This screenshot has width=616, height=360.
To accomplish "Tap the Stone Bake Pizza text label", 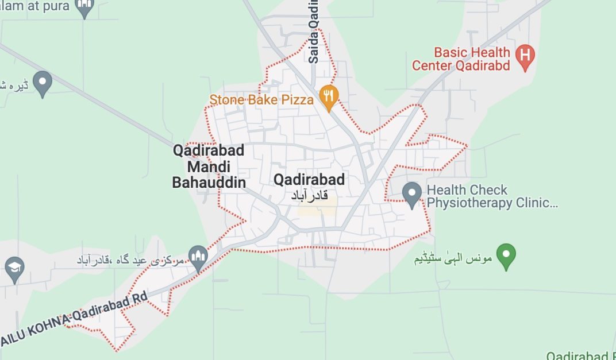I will [x=261, y=100].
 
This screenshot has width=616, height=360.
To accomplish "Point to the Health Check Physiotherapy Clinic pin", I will [x=411, y=194].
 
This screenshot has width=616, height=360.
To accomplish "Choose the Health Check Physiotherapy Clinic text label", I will [x=492, y=196].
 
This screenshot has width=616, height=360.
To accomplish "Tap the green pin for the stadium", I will [x=506, y=256].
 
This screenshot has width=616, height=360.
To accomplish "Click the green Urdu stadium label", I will [x=453, y=258].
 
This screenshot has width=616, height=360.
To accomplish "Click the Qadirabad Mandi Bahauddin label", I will [x=209, y=167].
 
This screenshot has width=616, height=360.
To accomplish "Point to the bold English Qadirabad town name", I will [x=309, y=180].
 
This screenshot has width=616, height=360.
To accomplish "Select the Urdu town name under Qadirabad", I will [x=309, y=196].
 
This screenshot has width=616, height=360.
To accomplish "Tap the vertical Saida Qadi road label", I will [x=314, y=32].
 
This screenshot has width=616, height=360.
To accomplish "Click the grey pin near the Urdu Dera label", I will [x=42, y=83].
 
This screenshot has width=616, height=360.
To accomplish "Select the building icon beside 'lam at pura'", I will [x=85, y=8].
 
